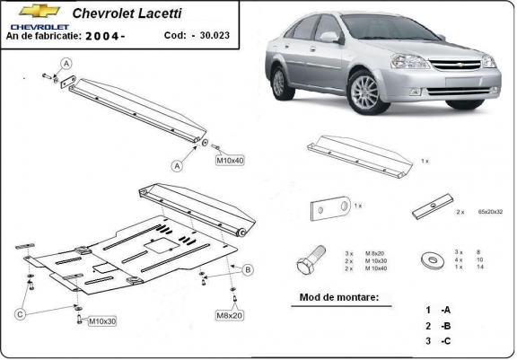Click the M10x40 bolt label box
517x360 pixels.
click(230, 160)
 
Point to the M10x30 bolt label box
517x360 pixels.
click(101, 320)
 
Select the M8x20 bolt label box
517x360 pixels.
click(229, 316)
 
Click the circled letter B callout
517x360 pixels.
click(248, 269)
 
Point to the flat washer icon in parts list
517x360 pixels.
click(432, 261)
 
